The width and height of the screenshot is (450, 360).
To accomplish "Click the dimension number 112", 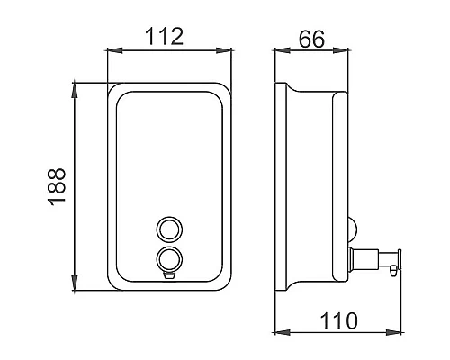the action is click(x=164, y=37).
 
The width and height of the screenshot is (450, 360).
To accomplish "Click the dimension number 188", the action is click(x=57, y=186).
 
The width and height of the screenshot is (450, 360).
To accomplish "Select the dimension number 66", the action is click(x=311, y=39).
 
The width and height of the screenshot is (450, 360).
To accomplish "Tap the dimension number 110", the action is click(x=338, y=320).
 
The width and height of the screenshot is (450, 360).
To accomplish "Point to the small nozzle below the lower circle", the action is click(x=169, y=274).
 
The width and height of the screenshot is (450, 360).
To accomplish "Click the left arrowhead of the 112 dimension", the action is click(x=115, y=50).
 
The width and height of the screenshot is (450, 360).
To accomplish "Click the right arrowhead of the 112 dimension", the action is click(x=224, y=50).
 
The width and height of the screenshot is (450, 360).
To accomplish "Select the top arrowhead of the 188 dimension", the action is click(x=75, y=90).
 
